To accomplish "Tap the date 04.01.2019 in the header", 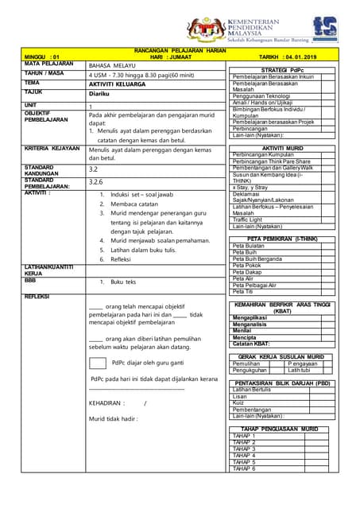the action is tap(298, 57).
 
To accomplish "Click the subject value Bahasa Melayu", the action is tap(111, 64).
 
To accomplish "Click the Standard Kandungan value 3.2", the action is tap(93, 169).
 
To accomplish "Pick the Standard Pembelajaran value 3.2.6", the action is tap(95, 182).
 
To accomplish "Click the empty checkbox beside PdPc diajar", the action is tap(97, 363).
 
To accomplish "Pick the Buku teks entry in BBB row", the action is tap(123, 282).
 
